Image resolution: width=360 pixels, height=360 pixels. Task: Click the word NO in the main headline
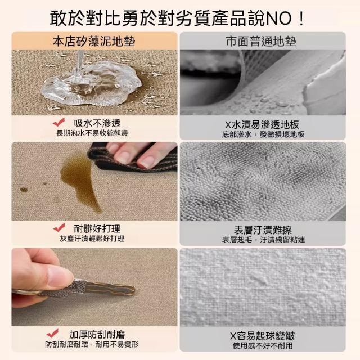pos(279,19)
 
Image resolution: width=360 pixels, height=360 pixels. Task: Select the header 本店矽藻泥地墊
pos(94,42)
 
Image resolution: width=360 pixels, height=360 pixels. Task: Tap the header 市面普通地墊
pos(261,42)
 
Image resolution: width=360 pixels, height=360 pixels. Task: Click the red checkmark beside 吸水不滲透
pos(59,122)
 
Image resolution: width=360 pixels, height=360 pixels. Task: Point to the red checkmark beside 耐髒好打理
pos(59,227)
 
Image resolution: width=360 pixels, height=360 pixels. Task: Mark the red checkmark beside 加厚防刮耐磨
pos(52,334)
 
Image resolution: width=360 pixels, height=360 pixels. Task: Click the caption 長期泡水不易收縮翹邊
pos(92,133)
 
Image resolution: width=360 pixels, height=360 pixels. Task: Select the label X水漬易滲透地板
pos(262,125)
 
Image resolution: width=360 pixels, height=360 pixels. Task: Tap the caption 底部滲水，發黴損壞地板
pos(263,134)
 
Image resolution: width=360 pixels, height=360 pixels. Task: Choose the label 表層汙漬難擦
pos(263,230)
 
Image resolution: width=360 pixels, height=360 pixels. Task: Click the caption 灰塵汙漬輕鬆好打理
pos(92,238)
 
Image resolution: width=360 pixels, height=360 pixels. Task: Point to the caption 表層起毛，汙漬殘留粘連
pos(263,240)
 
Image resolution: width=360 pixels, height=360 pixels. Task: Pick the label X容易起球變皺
pos(263,336)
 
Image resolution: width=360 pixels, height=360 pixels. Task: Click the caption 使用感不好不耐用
pos(263,345)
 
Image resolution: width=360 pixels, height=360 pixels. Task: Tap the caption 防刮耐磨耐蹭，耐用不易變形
pos(92,344)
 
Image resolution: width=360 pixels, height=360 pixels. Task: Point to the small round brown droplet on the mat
pos(24,190)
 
